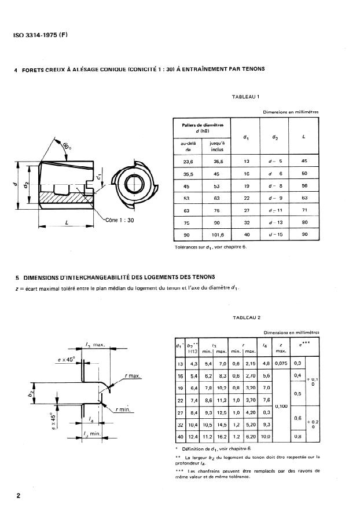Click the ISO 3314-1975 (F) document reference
(x=41, y=34)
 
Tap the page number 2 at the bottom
(x=19, y=496)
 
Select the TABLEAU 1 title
(x=245, y=96)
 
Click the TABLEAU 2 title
(x=247, y=317)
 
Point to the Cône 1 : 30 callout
(x=120, y=221)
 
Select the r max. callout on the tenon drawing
(x=133, y=377)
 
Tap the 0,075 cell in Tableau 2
(x=281, y=363)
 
